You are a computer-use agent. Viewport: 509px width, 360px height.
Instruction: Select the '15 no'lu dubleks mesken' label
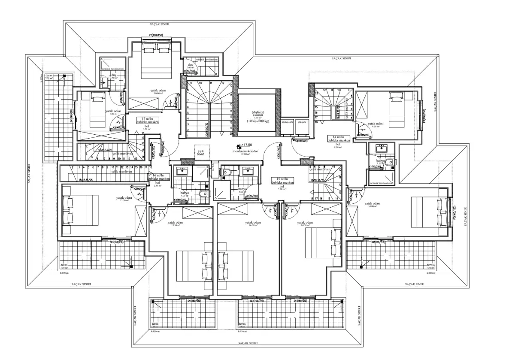tap(282, 181)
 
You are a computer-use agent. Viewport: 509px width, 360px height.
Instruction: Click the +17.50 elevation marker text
tap(248, 145)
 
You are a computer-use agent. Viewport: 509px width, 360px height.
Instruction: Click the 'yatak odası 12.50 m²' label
tap(124, 199)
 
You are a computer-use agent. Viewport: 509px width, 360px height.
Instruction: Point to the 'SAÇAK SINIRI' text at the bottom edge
tap(251, 343)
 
